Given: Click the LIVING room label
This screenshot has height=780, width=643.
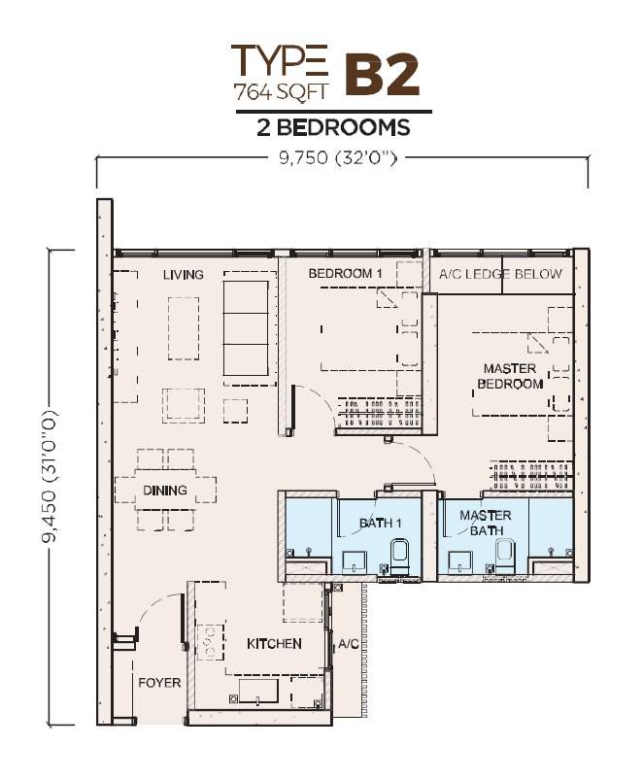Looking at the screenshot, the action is click(183, 274).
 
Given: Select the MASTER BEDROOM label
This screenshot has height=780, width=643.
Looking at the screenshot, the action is click(510, 376).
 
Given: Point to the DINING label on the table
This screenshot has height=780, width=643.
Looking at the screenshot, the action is click(165, 490).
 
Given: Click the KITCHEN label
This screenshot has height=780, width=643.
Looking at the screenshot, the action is click(274, 644).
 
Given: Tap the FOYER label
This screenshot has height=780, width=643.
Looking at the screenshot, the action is click(159, 683).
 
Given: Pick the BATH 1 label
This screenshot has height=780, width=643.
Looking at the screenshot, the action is click(381, 523).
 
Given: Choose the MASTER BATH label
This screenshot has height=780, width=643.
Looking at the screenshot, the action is click(486, 523).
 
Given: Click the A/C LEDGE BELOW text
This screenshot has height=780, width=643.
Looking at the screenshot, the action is click(500, 274).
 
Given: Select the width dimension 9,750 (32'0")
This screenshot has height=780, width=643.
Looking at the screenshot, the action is click(338, 158).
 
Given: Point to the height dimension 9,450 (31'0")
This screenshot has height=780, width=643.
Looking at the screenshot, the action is click(51, 477).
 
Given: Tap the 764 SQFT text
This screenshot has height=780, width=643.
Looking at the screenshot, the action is click(281, 91).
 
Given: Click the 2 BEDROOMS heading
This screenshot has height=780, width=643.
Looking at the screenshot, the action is click(333, 128).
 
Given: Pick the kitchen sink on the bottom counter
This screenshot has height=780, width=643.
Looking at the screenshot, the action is click(258, 692).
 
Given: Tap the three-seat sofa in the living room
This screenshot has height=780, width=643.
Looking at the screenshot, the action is click(246, 327).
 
